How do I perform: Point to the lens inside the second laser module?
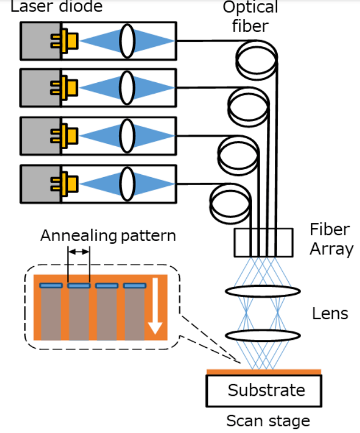(127, 88)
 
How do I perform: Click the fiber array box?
(263, 242)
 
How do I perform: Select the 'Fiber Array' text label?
(331, 240)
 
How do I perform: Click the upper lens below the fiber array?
(263, 291)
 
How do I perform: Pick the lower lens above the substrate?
(263, 335)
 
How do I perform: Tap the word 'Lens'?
(330, 314)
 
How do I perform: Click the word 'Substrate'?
(266, 391)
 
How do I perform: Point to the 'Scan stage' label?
(267, 422)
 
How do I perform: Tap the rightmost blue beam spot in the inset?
(135, 285)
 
